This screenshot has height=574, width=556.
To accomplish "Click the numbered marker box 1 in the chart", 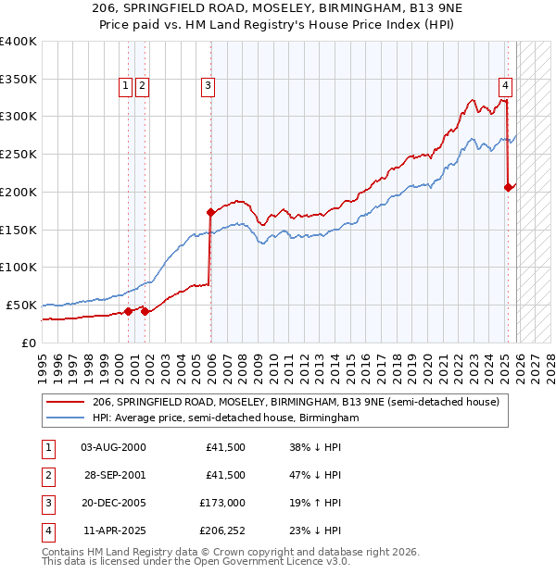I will [x=125, y=86].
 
